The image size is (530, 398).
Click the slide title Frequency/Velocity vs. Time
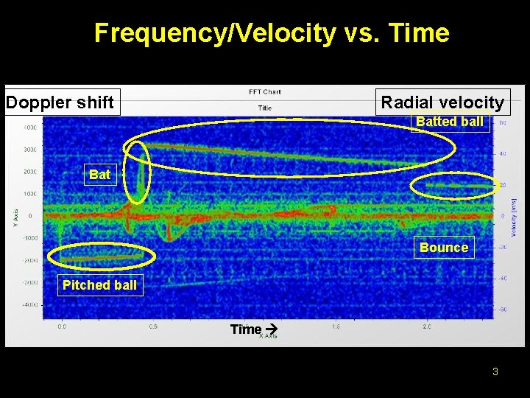click(272, 33)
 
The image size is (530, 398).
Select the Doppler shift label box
click(60, 102)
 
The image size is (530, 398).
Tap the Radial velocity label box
click(442, 102)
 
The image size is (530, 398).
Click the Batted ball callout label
click(450, 122)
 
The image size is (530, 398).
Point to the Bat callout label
click(100, 175)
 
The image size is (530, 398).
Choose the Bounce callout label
click(443, 248)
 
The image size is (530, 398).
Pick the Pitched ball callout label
click(99, 285)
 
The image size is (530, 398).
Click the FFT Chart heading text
click(264, 92)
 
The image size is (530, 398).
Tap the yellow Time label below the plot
click(246, 329)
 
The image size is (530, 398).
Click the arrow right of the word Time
click(269, 329)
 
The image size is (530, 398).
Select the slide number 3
click(495, 371)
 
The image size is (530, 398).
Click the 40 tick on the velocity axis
click(502, 153)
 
